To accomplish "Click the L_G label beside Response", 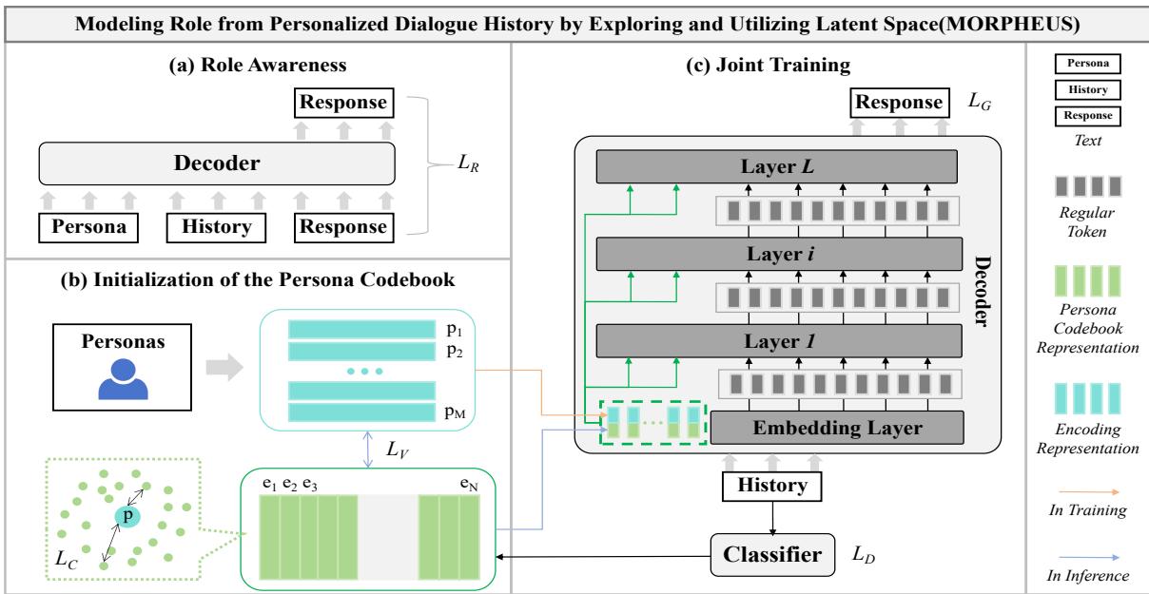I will point(979,102).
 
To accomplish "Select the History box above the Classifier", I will point(770,486).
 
